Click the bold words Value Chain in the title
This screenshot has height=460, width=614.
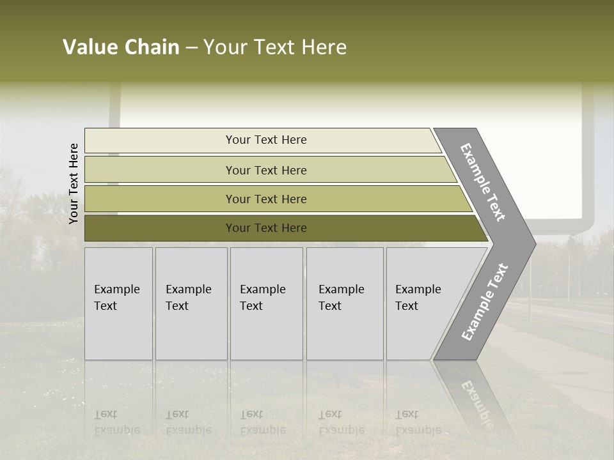121,47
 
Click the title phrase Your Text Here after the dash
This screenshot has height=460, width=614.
275,47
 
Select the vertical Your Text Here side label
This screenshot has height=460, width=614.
74,183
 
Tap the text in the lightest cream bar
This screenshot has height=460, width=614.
266,140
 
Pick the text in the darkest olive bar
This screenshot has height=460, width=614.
266,228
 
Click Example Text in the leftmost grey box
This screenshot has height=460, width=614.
116,298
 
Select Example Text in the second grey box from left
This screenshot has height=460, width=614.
188,298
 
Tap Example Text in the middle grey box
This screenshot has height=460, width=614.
262,298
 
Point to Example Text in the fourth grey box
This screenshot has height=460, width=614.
341,298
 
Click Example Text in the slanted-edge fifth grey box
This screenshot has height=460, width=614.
418,298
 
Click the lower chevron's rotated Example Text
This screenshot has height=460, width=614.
485,302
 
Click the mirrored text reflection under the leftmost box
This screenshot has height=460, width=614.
116,422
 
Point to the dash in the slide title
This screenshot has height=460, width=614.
191,48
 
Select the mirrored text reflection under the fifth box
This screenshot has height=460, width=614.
418,422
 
